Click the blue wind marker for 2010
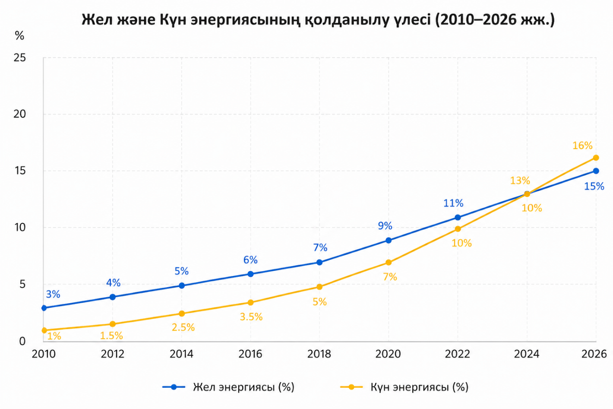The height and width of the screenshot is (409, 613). click(44, 308)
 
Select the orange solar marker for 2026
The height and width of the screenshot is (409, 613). click(596, 158)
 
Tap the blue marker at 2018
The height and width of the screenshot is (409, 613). click(319, 262)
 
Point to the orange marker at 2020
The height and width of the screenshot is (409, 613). click(389, 262)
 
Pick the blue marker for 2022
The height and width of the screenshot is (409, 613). click(458, 217)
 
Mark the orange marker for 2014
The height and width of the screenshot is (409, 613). click(182, 314)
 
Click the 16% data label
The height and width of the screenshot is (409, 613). click(582, 146)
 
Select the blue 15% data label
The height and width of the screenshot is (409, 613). click(594, 187)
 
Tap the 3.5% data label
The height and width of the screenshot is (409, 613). click(251, 317)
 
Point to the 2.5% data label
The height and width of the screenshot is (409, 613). click(183, 328)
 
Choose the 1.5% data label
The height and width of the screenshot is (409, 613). click(111, 336)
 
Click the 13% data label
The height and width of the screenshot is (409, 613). click(520, 181)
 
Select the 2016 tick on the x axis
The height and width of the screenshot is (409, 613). click(250, 354)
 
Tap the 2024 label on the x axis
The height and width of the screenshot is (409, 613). click(526, 354)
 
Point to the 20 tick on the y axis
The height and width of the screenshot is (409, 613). click(20, 114)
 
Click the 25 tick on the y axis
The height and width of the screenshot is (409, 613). click(20, 57)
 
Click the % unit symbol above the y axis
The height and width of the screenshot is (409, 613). click(19, 36)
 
